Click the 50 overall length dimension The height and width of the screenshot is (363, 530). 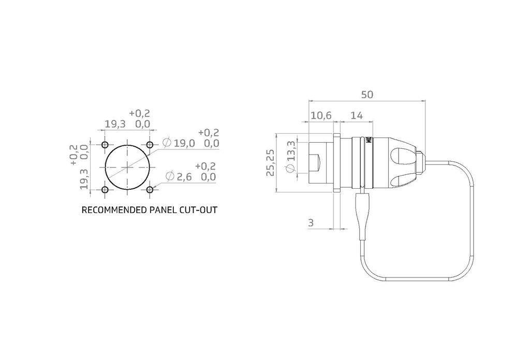coord(367,94)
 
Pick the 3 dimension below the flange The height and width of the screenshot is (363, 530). coord(311,223)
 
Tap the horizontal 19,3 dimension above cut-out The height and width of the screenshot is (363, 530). coord(115,124)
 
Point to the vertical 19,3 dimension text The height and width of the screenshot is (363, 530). coord(84,179)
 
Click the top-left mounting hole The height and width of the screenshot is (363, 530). coord(105,145)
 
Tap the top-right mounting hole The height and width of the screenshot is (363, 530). coord(150,145)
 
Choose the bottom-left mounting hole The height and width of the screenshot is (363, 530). coord(105,190)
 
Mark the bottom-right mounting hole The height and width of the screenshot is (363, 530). coord(150,190)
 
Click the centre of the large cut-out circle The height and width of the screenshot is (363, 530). coord(127,167)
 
